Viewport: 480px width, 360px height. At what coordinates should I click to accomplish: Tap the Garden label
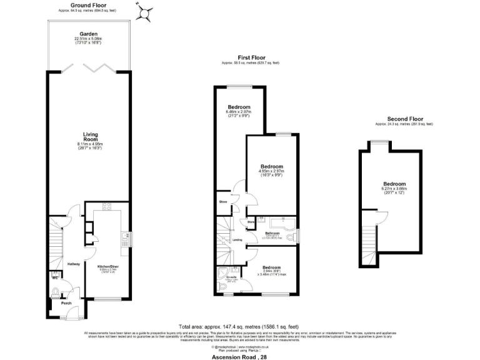tap(87, 34)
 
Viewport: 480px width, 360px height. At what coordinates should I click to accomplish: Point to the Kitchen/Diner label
tap(107, 266)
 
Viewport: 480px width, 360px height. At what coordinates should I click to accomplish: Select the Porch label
tap(66, 304)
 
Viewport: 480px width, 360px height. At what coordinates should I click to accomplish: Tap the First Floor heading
tap(250, 58)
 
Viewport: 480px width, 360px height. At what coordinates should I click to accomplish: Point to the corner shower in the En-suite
tap(223, 273)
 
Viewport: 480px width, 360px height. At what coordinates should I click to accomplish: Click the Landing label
tap(237, 239)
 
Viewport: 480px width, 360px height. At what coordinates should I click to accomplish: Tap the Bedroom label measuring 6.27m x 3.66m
tap(394, 184)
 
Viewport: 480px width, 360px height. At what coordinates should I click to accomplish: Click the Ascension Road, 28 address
tap(239, 354)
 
